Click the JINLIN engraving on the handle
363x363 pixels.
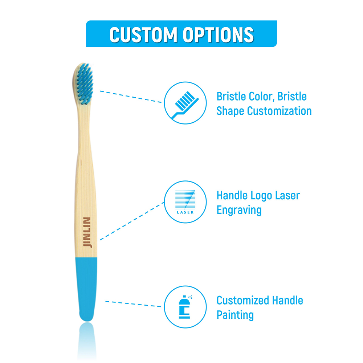tap(87, 232)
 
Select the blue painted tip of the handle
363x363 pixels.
tap(87, 287)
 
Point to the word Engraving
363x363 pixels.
tap(239, 210)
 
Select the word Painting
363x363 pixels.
tap(235, 315)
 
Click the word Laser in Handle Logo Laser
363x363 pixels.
tap(287, 196)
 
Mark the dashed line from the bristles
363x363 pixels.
tap(131, 97)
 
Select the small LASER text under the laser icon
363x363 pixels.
tap(185, 212)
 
